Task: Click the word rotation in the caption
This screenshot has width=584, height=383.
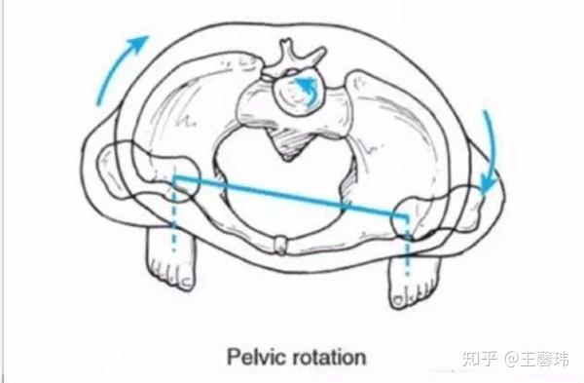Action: [x=329, y=358]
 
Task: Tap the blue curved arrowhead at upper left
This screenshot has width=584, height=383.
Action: [x=137, y=44]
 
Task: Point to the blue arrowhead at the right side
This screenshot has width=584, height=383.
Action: [x=489, y=182]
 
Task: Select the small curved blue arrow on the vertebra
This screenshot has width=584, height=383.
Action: [x=306, y=91]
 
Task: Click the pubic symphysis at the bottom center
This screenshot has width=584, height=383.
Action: [x=280, y=245]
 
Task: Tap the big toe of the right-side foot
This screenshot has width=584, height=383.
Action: [x=398, y=298]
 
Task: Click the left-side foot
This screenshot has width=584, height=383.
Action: [x=170, y=257]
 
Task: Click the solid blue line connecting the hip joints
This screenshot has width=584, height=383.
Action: [x=290, y=197]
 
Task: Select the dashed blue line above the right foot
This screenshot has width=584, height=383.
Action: [x=408, y=247]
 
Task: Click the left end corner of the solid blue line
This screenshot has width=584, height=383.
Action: [x=174, y=177]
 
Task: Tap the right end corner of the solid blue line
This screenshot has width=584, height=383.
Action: [x=407, y=216]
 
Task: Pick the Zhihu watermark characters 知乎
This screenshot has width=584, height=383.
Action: [x=480, y=359]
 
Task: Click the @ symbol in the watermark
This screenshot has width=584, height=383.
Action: [x=512, y=359]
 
